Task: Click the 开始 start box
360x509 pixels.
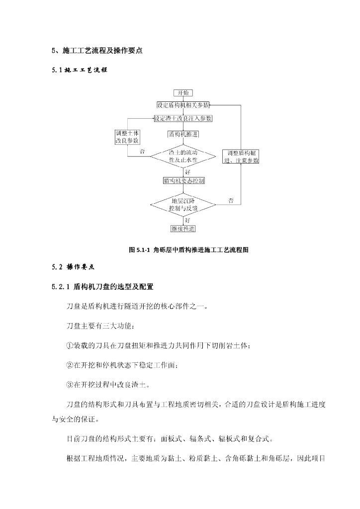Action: click(x=182, y=93)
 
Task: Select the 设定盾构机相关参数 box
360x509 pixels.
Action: click(x=182, y=105)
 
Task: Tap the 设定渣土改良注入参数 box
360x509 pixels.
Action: click(x=182, y=119)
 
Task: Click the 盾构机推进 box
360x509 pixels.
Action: click(x=182, y=134)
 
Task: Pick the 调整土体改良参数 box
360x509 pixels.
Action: click(x=127, y=137)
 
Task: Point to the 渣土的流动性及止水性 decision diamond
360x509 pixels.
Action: click(x=182, y=156)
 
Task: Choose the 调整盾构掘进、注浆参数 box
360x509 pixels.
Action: click(x=240, y=157)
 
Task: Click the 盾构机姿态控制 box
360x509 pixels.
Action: click(x=182, y=181)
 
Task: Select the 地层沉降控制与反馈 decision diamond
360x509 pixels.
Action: click(x=182, y=205)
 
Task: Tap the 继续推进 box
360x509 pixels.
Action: click(x=182, y=229)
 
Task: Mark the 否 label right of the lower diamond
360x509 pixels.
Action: click(x=231, y=200)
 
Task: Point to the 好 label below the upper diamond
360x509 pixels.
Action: click(x=187, y=171)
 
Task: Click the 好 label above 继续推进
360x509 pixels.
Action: click(x=187, y=220)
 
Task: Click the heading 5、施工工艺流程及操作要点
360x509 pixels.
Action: click(x=97, y=51)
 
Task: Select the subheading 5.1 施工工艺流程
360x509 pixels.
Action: click(x=80, y=70)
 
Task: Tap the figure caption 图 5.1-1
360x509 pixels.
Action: click(x=188, y=250)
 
